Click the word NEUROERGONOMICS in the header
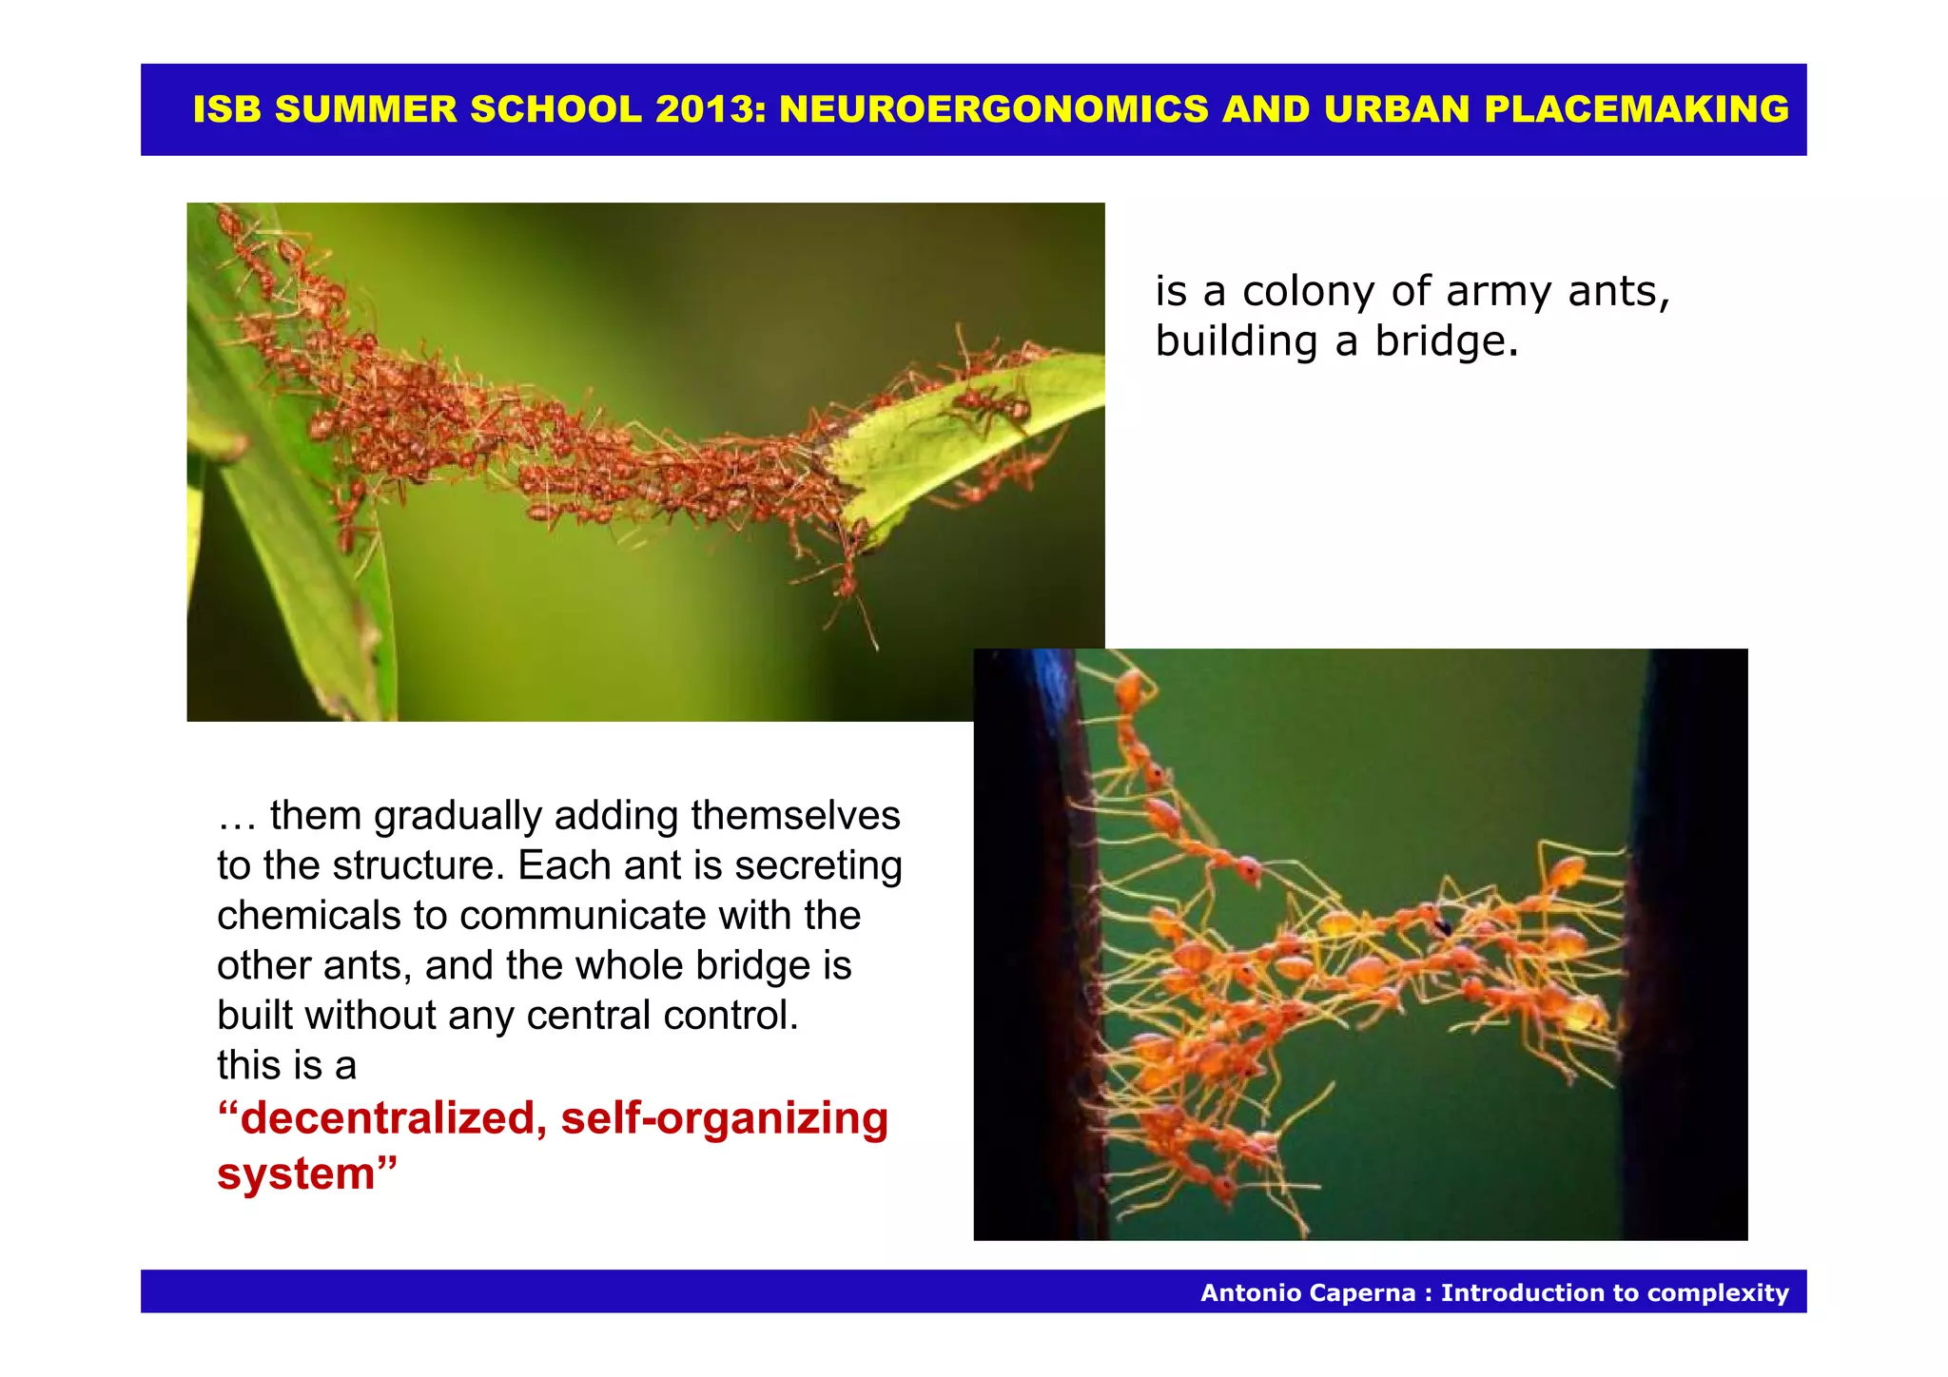tap(994, 109)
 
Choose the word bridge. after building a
tap(1446, 340)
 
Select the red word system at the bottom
tap(297, 1173)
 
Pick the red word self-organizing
tap(724, 1118)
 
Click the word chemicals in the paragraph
tap(309, 916)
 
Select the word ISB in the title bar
tap(225, 109)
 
